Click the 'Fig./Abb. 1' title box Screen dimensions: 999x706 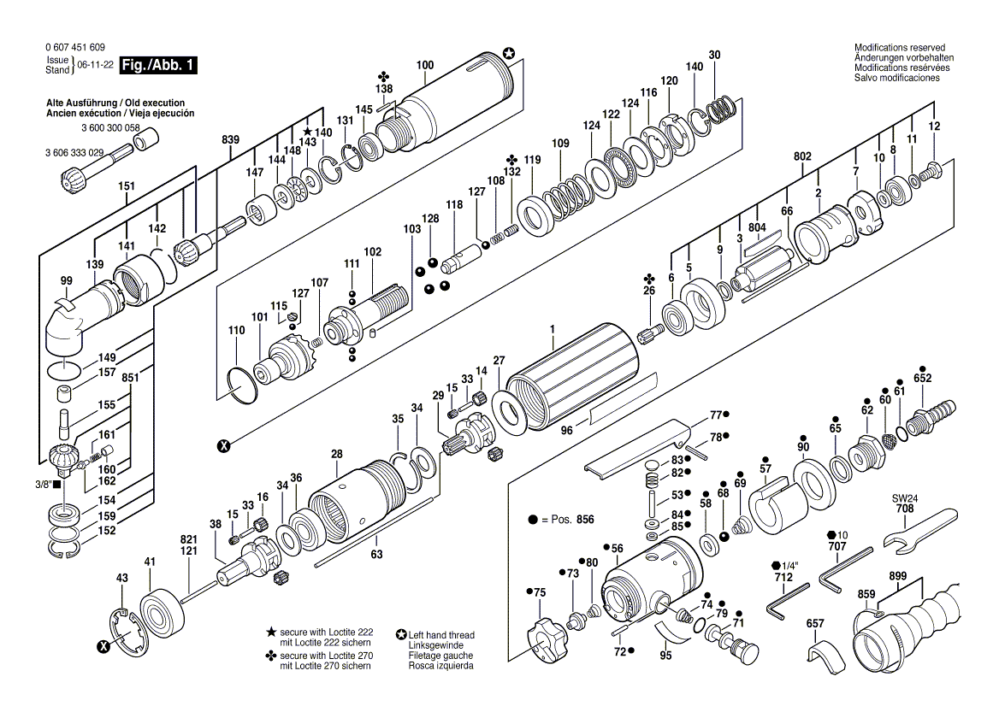(x=158, y=65)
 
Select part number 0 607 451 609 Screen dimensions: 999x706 (x=75, y=47)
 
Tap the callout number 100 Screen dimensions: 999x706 (x=425, y=65)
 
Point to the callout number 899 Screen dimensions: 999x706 (x=898, y=577)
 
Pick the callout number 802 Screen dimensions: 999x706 (x=803, y=156)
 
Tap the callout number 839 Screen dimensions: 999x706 (x=231, y=140)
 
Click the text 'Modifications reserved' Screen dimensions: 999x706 (x=900, y=48)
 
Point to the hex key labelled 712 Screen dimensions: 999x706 (x=788, y=600)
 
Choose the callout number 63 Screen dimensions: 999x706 (x=376, y=555)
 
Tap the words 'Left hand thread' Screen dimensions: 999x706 (x=441, y=635)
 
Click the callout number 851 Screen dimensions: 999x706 (x=130, y=378)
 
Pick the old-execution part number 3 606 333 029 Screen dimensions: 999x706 (x=74, y=153)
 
